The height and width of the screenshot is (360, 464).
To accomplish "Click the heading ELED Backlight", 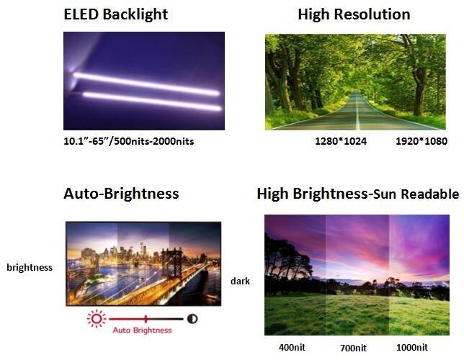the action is [116, 15].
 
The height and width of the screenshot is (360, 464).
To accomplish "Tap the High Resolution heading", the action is [354, 14].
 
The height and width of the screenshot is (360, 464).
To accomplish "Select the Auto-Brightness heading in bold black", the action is [121, 194].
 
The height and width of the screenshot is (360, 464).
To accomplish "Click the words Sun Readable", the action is [416, 194].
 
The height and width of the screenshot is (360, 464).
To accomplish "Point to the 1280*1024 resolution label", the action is [341, 141].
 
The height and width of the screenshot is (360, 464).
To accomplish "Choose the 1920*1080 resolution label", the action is [421, 141].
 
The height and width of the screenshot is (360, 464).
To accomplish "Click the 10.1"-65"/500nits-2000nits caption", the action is [129, 141].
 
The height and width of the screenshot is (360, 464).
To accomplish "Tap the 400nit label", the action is [292, 347].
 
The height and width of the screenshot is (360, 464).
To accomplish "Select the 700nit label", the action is [353, 348].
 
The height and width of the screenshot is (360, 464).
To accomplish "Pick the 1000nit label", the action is [412, 347].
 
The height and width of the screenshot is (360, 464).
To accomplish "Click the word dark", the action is [240, 281].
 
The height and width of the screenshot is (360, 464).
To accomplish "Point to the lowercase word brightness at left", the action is [30, 267].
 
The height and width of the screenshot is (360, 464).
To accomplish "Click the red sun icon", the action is [97, 318].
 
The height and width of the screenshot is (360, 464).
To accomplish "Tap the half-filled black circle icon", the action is [192, 319].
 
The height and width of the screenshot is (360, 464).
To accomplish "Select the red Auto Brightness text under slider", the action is [142, 330].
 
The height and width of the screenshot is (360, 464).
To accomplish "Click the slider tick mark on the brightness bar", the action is [146, 319].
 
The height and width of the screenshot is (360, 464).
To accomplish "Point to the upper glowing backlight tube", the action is [146, 84].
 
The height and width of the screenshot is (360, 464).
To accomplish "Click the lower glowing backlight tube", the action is [152, 102].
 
